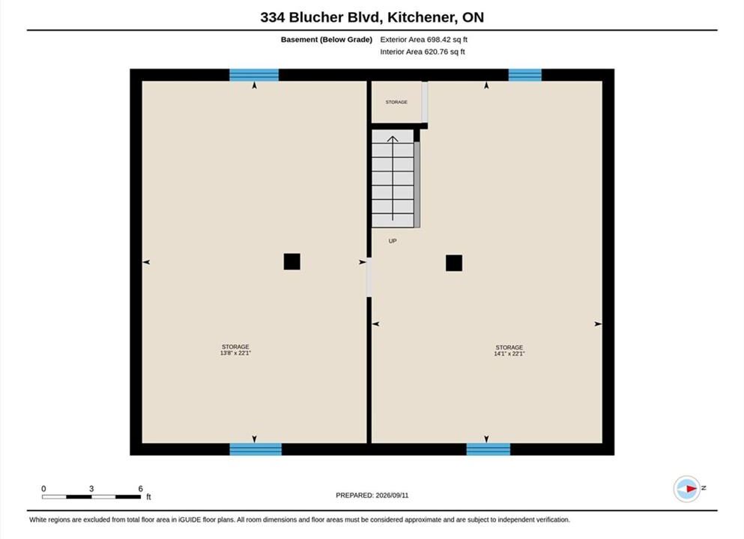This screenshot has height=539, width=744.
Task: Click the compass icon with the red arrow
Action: pyautogui.click(x=686, y=488)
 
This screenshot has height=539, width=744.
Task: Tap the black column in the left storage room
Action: pyautogui.click(x=291, y=262)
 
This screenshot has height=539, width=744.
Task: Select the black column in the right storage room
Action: pyautogui.click(x=454, y=263)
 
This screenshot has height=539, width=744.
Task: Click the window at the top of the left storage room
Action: pyautogui.click(x=254, y=75)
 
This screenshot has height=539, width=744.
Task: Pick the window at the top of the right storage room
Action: pyautogui.click(x=524, y=75)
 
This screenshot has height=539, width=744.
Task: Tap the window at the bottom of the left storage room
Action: pyautogui.click(x=255, y=449)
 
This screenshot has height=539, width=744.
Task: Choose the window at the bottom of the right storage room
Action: pyautogui.click(x=489, y=449)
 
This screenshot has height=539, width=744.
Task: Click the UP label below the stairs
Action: pyautogui.click(x=393, y=241)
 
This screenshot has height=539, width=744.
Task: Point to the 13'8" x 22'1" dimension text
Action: pyautogui.click(x=235, y=353)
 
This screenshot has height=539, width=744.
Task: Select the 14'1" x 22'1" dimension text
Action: pyautogui.click(x=509, y=353)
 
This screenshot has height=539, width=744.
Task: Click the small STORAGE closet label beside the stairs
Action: pyautogui.click(x=396, y=102)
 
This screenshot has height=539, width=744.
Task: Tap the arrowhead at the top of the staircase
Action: pyautogui.click(x=393, y=138)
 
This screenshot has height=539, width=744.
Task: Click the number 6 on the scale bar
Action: pyautogui.click(x=140, y=488)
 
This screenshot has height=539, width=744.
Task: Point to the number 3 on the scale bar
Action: pyautogui.click(x=91, y=488)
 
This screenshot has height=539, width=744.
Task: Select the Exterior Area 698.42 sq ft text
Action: pyautogui.click(x=424, y=40)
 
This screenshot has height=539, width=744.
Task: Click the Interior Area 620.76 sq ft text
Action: pyautogui.click(x=423, y=52)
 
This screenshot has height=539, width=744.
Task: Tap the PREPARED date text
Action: pyautogui.click(x=372, y=496)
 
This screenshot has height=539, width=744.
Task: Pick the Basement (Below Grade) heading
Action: pyautogui.click(x=327, y=40)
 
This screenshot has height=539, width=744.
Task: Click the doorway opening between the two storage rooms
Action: pyautogui.click(x=369, y=277)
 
